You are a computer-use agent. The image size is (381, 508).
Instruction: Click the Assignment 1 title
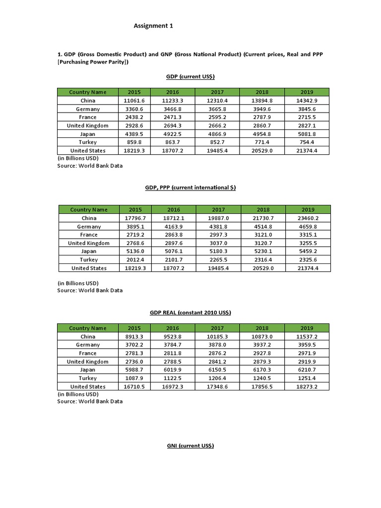coord(154,26)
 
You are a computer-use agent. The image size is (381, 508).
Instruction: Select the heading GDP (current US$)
coord(190,76)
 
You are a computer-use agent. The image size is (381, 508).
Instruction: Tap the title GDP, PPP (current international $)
coord(190,188)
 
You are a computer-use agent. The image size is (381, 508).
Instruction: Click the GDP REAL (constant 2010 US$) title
coord(190,313)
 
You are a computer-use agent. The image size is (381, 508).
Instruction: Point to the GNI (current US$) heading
coord(190,446)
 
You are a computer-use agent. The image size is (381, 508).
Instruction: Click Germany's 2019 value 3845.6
coord(307,109)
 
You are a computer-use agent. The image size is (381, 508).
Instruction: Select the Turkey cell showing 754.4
coord(307,142)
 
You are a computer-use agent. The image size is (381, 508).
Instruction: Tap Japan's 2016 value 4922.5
coord(173,134)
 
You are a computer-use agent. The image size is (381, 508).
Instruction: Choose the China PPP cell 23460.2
coord(308,218)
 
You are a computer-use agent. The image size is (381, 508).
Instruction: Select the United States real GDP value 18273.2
coord(307,386)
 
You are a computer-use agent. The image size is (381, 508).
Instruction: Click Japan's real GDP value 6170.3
coord(261,370)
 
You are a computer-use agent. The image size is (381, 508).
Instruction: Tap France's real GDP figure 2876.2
coord(217,353)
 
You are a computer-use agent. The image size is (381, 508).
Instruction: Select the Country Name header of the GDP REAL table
coord(88,328)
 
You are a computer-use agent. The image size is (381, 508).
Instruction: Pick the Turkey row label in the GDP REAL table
coord(88,378)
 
